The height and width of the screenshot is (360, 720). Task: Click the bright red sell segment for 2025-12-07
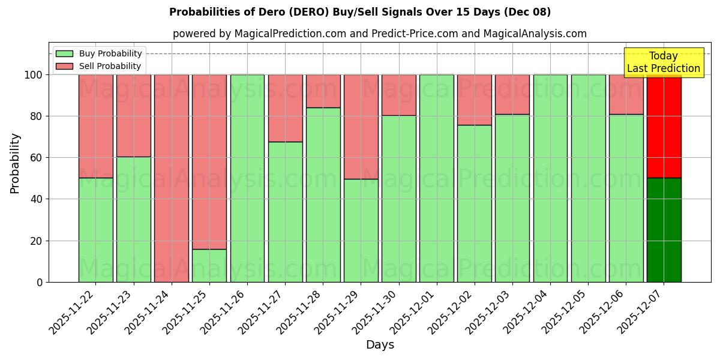pyautogui.click(x=664, y=127)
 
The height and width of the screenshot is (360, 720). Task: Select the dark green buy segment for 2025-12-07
pyautogui.click(x=664, y=230)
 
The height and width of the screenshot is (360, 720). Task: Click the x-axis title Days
pyautogui.click(x=380, y=345)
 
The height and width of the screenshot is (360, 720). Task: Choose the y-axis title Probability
pyautogui.click(x=15, y=163)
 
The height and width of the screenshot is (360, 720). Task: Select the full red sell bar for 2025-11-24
pyautogui.click(x=172, y=178)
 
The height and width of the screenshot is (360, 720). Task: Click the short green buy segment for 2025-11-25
pyautogui.click(x=209, y=265)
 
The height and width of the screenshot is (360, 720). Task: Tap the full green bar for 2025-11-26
pyautogui.click(x=247, y=178)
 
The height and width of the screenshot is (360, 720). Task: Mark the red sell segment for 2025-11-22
pyautogui.click(x=95, y=126)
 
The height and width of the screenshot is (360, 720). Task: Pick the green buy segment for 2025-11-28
pyautogui.click(x=323, y=194)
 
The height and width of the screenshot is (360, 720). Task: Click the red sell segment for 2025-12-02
pyautogui.click(x=474, y=100)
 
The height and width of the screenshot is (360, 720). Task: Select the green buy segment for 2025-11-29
pyautogui.click(x=361, y=230)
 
